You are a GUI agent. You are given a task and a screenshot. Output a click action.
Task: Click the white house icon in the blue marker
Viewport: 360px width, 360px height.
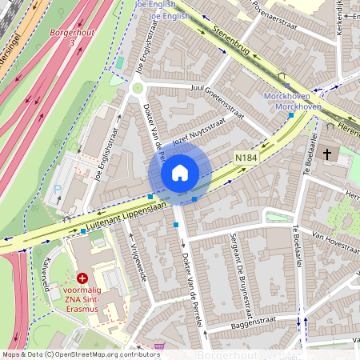coord(180,173)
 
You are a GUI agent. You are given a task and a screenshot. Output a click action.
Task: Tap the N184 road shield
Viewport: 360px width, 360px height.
coord(246,159)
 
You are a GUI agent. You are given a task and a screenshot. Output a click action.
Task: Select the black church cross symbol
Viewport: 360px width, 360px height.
coord(326,153)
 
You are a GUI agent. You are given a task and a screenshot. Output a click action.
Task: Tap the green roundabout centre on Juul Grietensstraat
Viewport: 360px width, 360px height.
coord(138,88)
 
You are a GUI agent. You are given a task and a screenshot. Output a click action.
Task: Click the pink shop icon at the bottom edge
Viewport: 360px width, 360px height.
coord(159,347)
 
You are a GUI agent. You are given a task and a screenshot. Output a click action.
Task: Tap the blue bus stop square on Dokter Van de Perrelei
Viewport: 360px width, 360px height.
coord(176,226)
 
